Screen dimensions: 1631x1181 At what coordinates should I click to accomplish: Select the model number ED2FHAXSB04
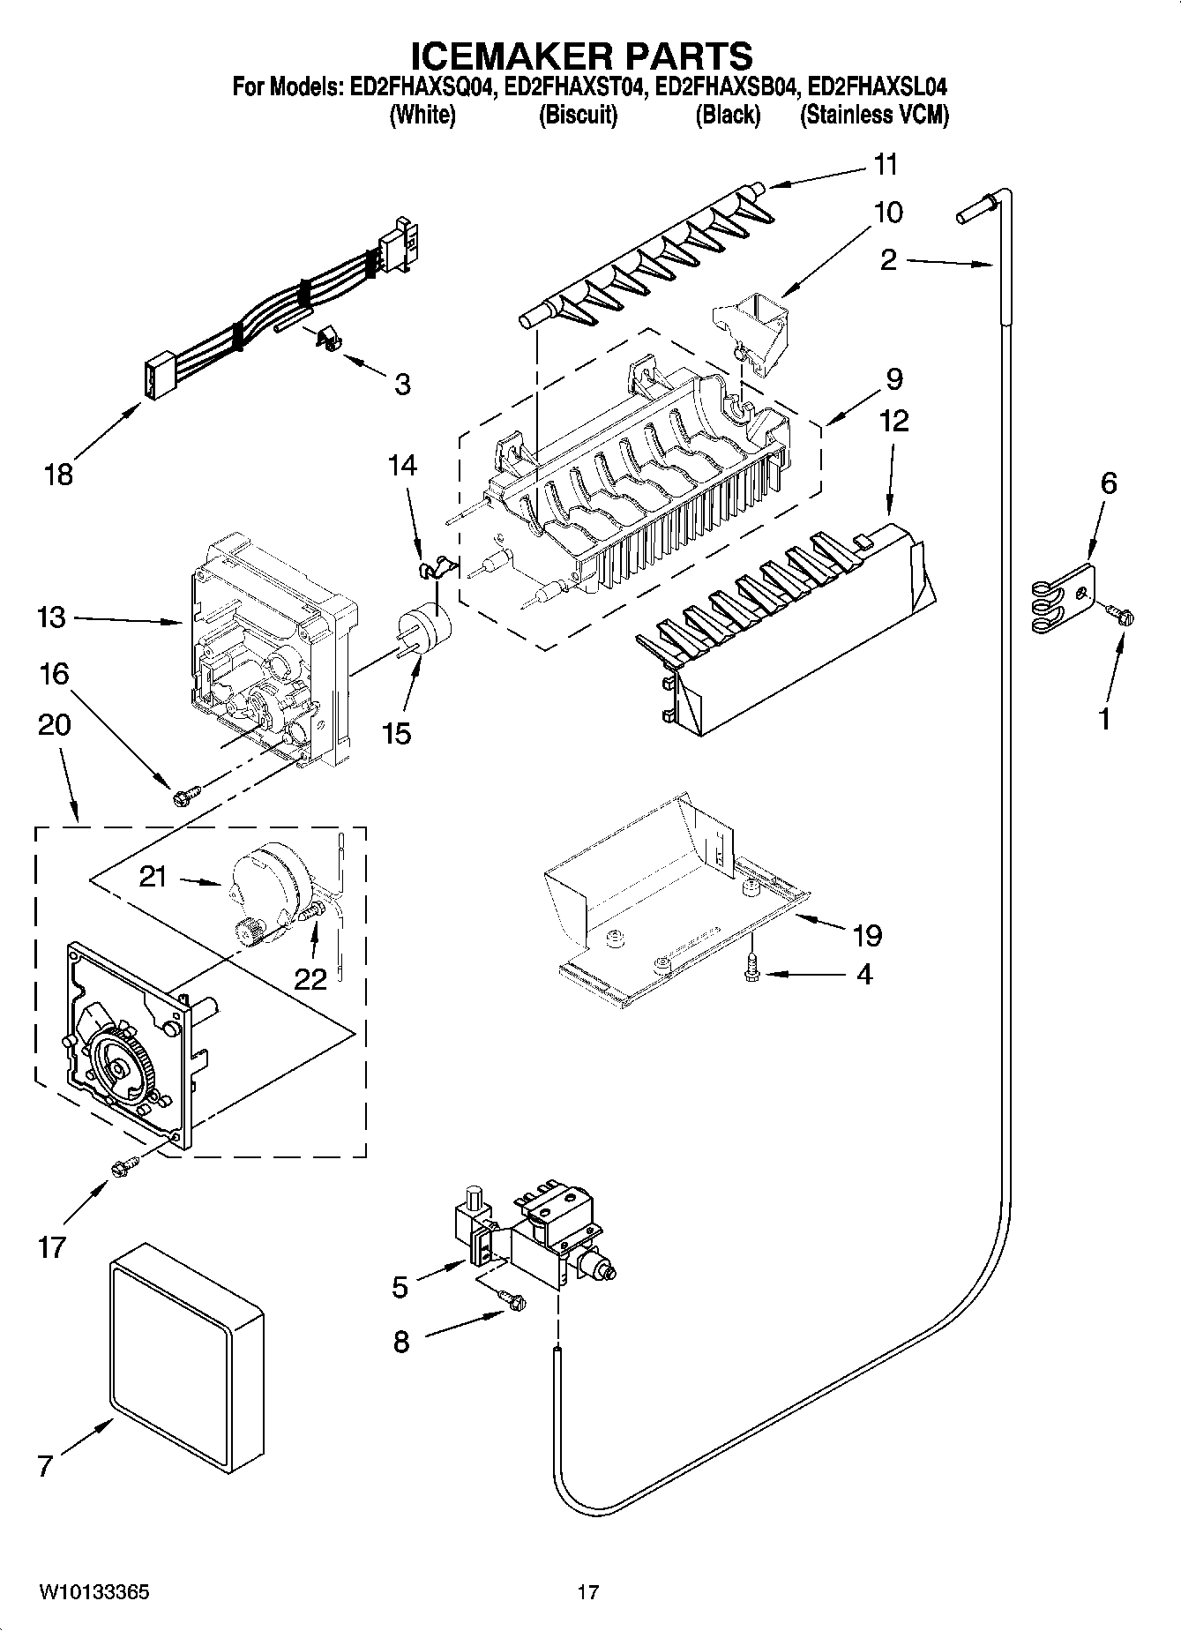click(728, 87)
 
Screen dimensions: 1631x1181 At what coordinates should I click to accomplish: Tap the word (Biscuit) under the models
click(578, 116)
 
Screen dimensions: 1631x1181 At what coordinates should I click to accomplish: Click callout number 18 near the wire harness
click(58, 475)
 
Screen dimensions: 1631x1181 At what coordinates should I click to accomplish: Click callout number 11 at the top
click(886, 165)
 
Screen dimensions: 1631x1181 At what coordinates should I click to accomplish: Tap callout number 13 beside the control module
click(52, 617)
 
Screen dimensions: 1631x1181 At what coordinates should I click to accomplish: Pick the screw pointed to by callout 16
click(183, 797)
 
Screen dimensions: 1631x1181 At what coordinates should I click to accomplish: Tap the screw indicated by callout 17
click(121, 1167)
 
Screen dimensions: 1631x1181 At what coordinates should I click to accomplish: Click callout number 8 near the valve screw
click(401, 1342)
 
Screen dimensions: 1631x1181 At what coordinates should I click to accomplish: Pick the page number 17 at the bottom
click(588, 1593)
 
